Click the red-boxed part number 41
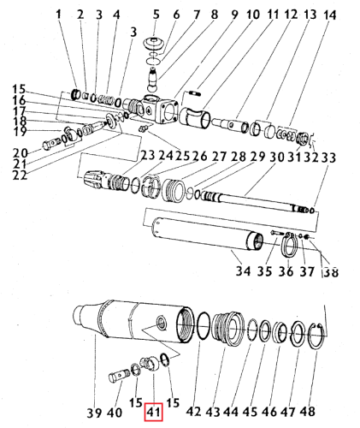tap(153, 413)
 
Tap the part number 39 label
tap(94, 413)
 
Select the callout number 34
tap(243, 270)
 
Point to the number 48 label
tap(308, 412)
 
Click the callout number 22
tap(20, 175)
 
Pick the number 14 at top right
tap(328, 15)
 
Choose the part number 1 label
tap(59, 15)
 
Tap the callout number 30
tap(277, 158)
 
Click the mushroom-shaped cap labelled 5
tap(155, 44)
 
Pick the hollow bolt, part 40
tap(118, 376)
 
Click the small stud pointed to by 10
tap(195, 92)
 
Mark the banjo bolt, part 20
tap(51, 144)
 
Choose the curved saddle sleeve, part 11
tap(195, 117)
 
